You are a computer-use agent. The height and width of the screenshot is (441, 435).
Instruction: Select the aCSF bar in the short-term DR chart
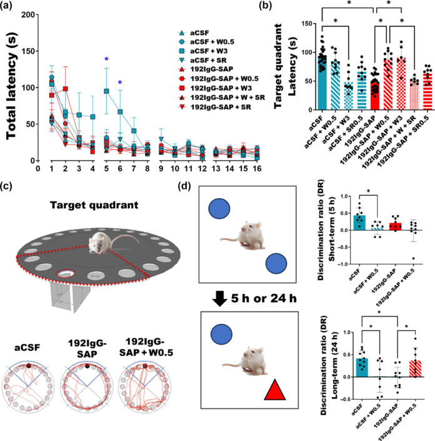click(x=342, y=221)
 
